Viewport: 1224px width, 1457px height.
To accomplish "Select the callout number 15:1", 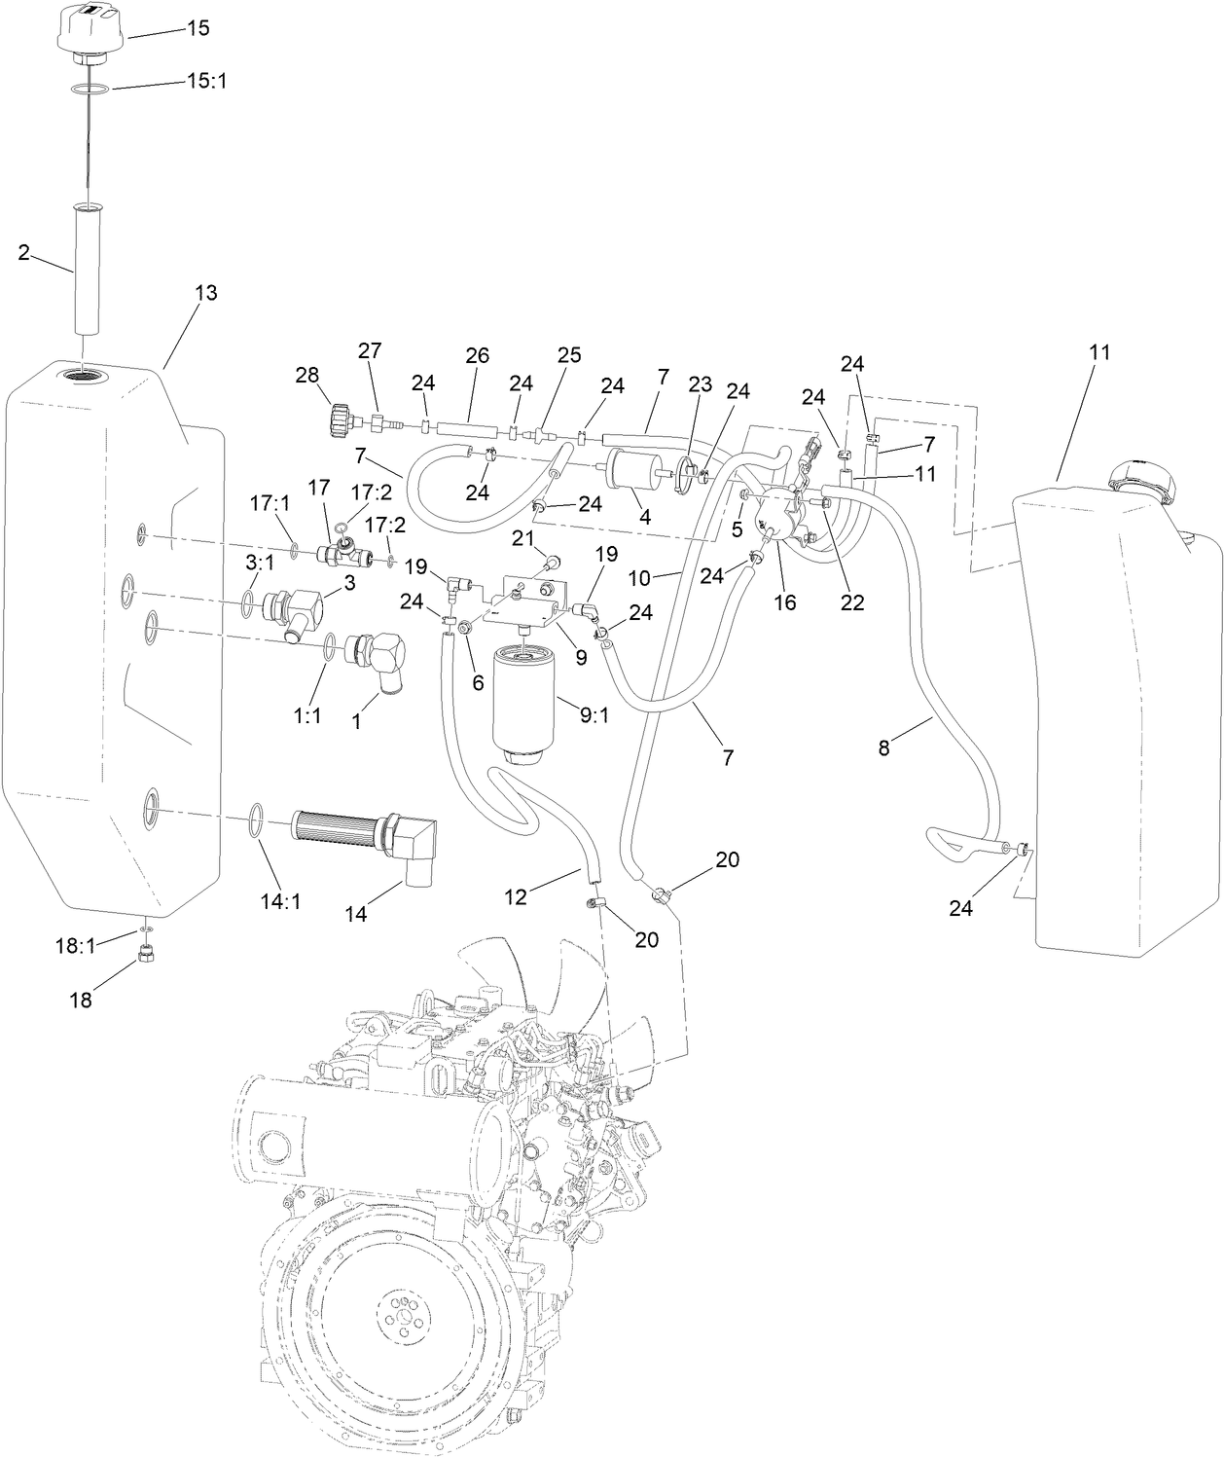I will [x=205, y=81].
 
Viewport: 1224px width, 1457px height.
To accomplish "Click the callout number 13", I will [x=206, y=293].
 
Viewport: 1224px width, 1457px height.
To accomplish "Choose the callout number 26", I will [x=477, y=356].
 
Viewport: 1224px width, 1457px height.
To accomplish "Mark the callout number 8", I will [x=883, y=747].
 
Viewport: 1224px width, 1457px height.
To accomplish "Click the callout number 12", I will [x=516, y=895].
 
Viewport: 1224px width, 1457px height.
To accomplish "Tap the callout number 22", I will [x=852, y=602].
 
